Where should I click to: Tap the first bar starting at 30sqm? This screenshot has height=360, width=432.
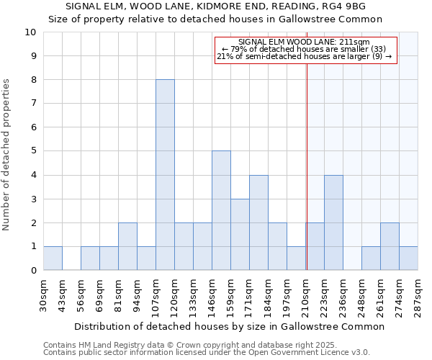pos(53,258)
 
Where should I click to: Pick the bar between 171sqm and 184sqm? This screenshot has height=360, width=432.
pos(258,222)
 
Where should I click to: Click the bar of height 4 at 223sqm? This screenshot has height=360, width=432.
pos(333,222)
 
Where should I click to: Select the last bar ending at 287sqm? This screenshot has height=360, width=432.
pos(408,258)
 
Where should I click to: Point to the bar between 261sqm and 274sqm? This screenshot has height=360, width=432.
pos(390,246)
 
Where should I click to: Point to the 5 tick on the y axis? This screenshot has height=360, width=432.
pos(32,151)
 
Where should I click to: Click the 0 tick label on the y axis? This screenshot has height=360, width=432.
pos(32,271)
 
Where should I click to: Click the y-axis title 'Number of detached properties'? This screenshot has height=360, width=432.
pos(8,155)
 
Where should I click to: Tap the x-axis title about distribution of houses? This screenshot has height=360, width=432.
pos(229,326)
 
